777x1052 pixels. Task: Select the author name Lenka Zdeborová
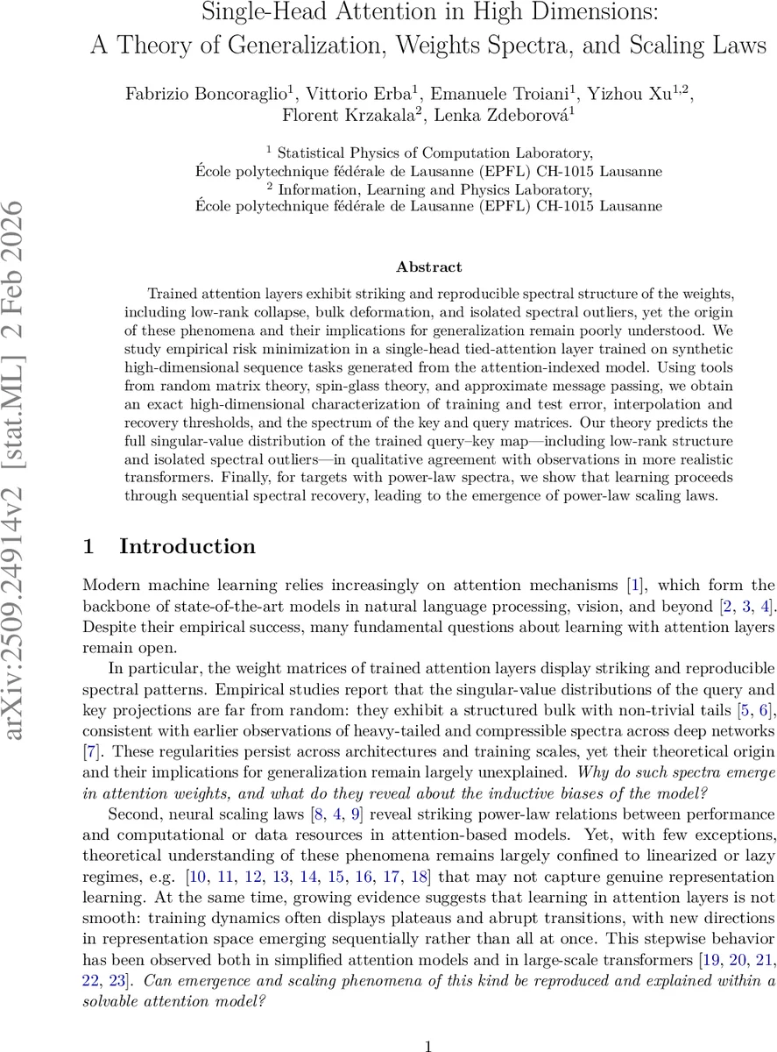pyautogui.click(x=500, y=116)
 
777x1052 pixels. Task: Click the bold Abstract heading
pyautogui.click(x=428, y=267)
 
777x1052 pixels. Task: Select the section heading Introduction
pyautogui.click(x=187, y=547)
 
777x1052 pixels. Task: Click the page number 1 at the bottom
pyautogui.click(x=428, y=1021)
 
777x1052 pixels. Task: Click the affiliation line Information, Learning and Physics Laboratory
pyautogui.click(x=434, y=188)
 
